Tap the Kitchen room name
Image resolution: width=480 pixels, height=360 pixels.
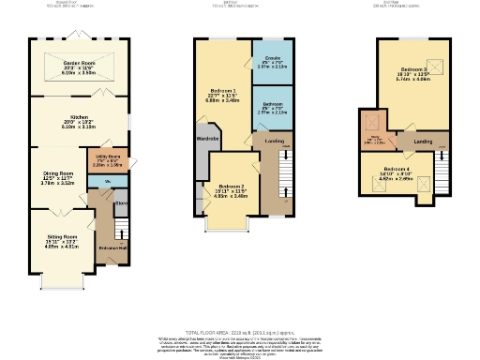(x=79, y=119)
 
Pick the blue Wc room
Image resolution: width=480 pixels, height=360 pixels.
(x=108, y=180)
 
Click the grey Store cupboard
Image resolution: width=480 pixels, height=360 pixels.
(x=121, y=201)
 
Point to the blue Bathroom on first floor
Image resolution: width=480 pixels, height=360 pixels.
(x=273, y=104)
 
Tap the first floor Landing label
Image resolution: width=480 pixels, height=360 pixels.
(x=275, y=142)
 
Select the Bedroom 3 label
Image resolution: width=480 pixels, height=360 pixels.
(x=413, y=70)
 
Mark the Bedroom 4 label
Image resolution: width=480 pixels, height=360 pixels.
(x=396, y=169)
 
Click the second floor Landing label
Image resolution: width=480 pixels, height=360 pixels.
(x=423, y=142)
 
